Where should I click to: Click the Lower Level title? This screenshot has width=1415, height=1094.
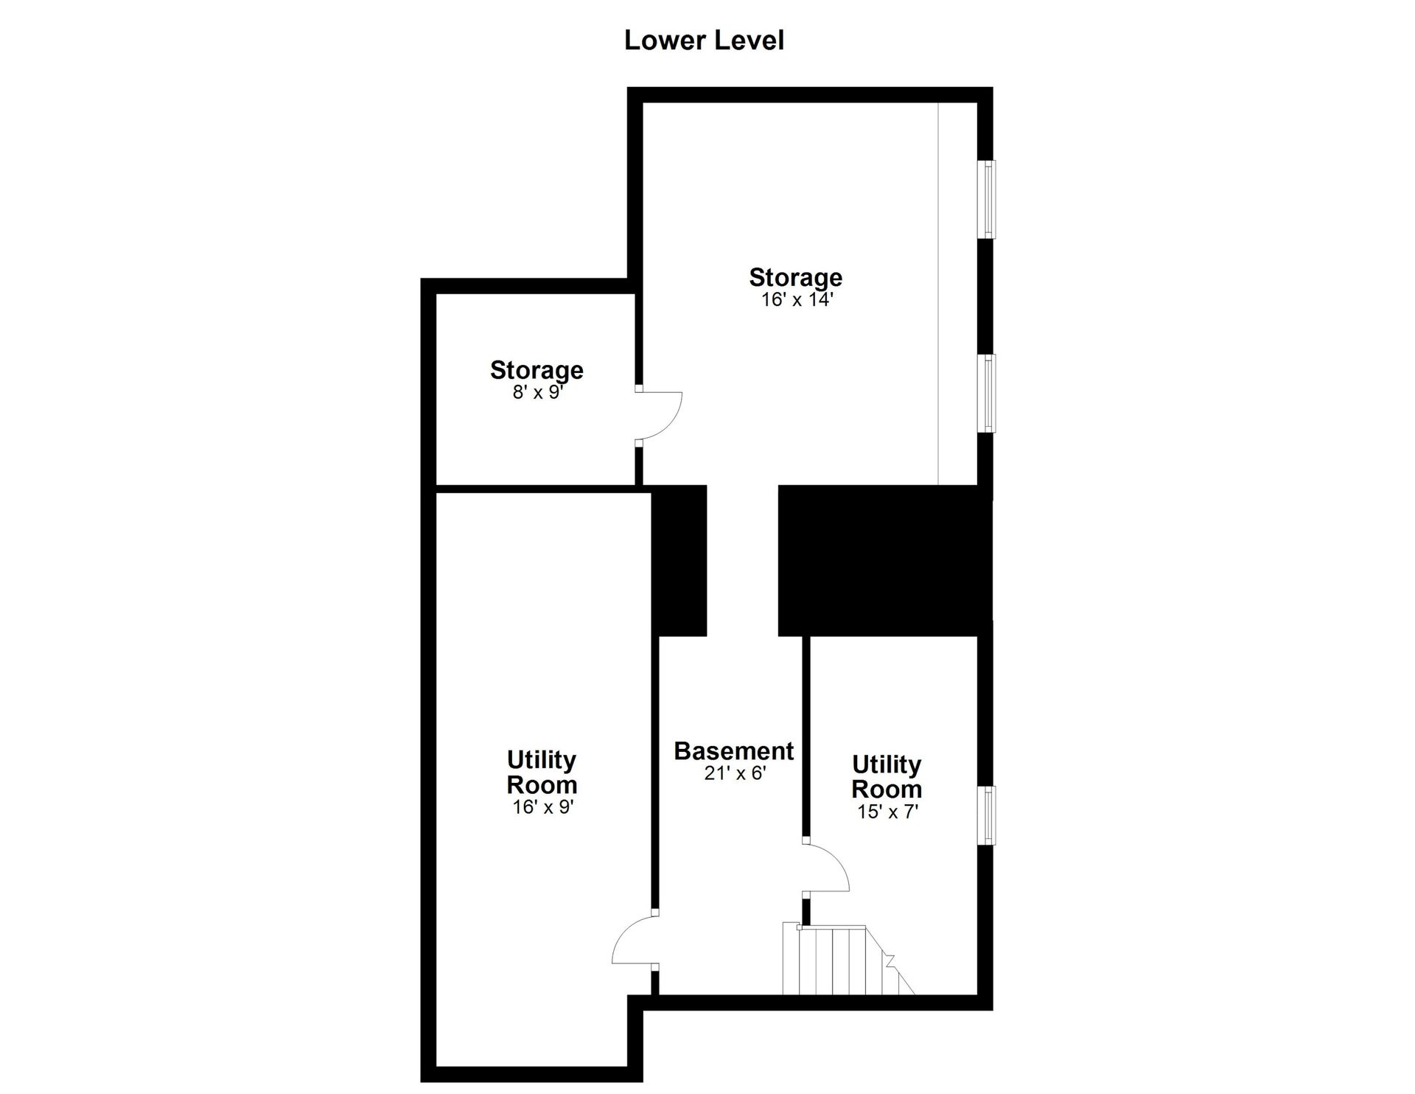704,41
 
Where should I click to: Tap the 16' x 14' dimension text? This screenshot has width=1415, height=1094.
797,299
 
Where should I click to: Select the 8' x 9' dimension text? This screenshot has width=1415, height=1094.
538,391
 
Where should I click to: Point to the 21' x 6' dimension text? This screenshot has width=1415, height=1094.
736,773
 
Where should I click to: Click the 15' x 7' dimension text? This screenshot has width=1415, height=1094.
887,812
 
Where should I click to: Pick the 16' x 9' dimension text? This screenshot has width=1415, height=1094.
543,806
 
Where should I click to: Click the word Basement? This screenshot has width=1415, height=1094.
734,751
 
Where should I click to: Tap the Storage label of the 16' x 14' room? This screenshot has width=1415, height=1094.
796,277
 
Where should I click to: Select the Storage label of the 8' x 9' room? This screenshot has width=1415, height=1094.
537,369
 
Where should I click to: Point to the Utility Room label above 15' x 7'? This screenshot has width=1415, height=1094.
887,776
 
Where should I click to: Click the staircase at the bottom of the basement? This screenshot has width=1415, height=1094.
848,959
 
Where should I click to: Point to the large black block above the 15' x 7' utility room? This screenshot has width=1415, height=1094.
885,560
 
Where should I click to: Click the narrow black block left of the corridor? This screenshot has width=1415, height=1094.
679,560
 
